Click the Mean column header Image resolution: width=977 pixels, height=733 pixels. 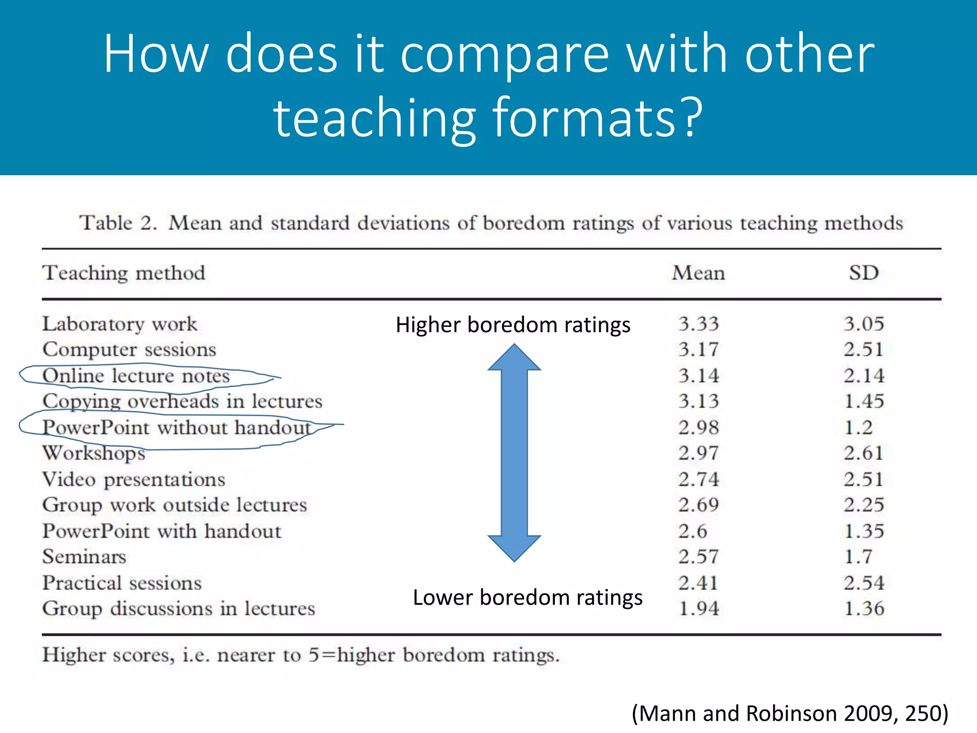pos(698,273)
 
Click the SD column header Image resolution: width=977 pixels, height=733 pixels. pos(863,273)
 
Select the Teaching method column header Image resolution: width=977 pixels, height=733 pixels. pos(124,273)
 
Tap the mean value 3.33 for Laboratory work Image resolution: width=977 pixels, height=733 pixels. pos(698,324)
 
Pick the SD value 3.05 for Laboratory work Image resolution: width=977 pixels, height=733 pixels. pos(863,324)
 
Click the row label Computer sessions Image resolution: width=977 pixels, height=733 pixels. pos(129,350)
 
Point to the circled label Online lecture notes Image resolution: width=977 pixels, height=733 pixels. pos(136,376)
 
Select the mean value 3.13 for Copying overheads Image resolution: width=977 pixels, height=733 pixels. pos(698,401)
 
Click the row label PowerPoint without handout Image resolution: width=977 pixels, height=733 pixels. pos(177,428)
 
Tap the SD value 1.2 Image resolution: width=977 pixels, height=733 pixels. pos(858,428)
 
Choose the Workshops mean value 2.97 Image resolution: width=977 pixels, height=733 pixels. pos(698,453)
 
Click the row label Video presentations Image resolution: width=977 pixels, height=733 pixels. pos(134,479)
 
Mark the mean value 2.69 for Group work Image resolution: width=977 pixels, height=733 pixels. pos(698,505)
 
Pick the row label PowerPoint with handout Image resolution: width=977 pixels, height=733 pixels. pos(162,531)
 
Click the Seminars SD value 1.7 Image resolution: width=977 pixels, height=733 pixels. pos(858,557)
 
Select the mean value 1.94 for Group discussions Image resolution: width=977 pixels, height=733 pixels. pos(698,608)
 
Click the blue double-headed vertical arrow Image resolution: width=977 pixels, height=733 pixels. pos(514,452)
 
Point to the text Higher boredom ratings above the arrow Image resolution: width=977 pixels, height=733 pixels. pos(513,325)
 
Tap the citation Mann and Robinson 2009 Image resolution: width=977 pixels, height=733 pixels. pos(790,713)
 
